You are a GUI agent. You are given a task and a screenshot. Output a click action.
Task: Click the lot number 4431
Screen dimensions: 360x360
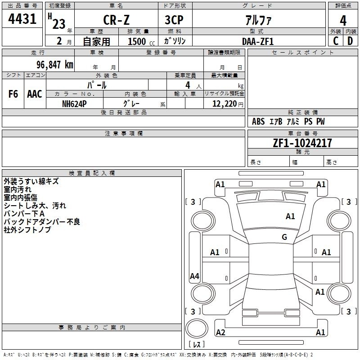(22, 19)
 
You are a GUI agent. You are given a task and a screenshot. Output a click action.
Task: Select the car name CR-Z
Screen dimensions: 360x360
(116, 20)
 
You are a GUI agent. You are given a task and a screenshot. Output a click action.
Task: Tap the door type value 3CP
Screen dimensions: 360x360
(174, 20)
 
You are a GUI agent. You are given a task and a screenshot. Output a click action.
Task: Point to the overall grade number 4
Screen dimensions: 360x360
(343, 21)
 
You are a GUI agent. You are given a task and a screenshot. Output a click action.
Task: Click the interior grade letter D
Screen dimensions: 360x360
(350, 41)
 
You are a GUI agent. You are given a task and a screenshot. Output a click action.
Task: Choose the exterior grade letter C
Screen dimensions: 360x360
(335, 41)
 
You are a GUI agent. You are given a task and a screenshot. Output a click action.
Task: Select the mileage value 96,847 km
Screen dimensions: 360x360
(55, 65)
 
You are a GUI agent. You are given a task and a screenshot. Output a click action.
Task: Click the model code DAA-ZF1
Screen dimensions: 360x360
(258, 41)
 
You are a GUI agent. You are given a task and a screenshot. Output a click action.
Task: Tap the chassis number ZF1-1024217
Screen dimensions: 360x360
(302, 143)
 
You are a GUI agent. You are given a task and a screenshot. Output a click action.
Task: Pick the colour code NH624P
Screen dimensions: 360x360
(74, 104)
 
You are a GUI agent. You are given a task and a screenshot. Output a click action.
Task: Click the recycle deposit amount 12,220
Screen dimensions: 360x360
(225, 104)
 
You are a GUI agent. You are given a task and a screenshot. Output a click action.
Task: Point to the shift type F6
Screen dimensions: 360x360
(13, 94)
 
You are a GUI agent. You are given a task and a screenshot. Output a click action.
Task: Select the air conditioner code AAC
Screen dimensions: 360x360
(35, 94)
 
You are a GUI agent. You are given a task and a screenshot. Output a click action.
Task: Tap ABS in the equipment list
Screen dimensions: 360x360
(258, 121)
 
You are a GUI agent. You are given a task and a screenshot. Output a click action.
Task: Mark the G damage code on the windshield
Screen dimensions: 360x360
(284, 237)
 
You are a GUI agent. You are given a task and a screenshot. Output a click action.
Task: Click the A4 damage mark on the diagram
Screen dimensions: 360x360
(194, 276)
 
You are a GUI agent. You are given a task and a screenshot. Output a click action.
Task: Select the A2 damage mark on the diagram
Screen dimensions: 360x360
(220, 333)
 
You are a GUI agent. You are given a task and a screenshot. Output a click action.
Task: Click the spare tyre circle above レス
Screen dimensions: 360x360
(197, 328)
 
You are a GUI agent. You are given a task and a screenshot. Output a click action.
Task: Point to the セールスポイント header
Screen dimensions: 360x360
(302, 53)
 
